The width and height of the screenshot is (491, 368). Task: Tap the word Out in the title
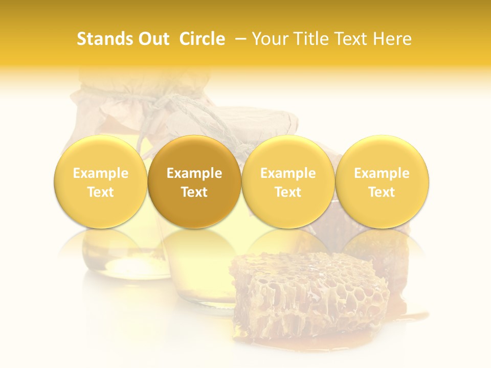152,39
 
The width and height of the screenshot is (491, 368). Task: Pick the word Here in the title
392,39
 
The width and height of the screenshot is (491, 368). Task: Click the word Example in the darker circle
194,173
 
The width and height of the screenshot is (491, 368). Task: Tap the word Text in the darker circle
194,192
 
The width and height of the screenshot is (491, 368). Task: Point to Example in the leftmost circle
100,173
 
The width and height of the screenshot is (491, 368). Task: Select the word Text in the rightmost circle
382,192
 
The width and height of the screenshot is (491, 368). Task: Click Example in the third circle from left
288,173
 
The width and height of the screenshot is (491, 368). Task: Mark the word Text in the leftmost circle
100,192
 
